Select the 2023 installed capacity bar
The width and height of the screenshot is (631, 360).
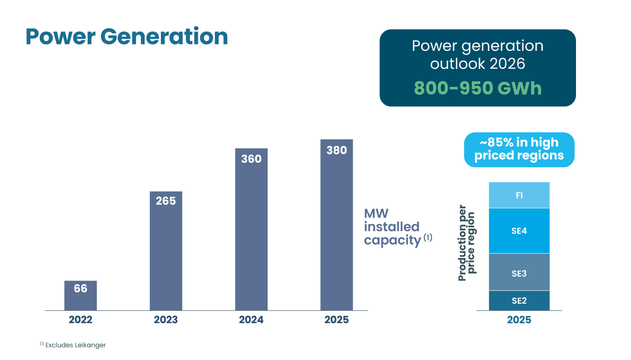coord(166,254)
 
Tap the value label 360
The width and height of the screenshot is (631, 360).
coord(251,159)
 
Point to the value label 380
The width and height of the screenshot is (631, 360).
coord(337,150)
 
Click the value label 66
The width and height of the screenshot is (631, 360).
coord(80,288)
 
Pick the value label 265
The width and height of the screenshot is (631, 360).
coord(166,201)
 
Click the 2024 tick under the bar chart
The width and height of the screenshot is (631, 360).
coord(251,320)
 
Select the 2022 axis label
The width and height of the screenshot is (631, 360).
coord(80,320)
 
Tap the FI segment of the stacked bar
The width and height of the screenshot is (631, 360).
coord(519,195)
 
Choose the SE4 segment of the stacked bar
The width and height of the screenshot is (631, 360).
coord(519,231)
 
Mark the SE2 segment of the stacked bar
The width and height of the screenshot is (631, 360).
coord(519,300)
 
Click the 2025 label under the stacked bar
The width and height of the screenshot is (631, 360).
coord(519,320)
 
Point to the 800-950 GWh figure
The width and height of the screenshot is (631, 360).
coord(478,88)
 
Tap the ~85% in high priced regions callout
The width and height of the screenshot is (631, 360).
coord(519,149)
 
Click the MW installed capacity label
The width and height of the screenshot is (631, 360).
coord(392,227)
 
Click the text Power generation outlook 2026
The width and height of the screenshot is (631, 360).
coord(478,55)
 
